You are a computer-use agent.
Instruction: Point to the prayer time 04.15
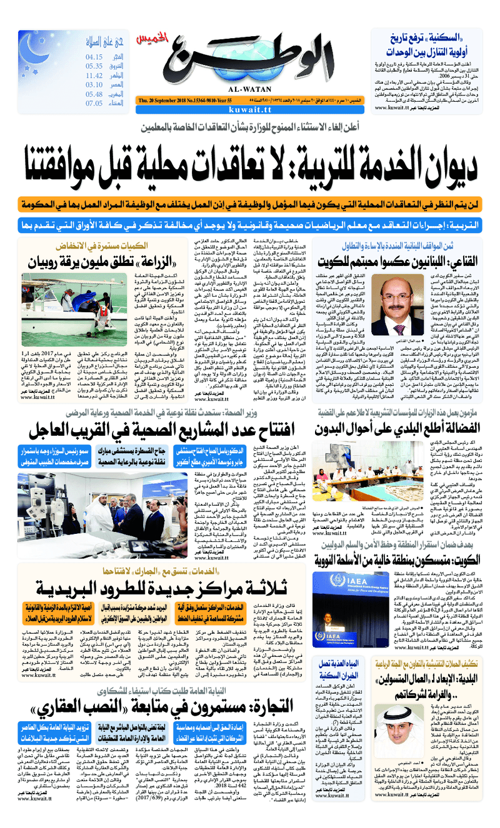tap(94, 56)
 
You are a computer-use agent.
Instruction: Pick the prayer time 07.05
tap(94, 104)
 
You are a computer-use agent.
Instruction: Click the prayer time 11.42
tap(94, 75)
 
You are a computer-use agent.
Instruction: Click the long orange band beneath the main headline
tap(249, 204)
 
